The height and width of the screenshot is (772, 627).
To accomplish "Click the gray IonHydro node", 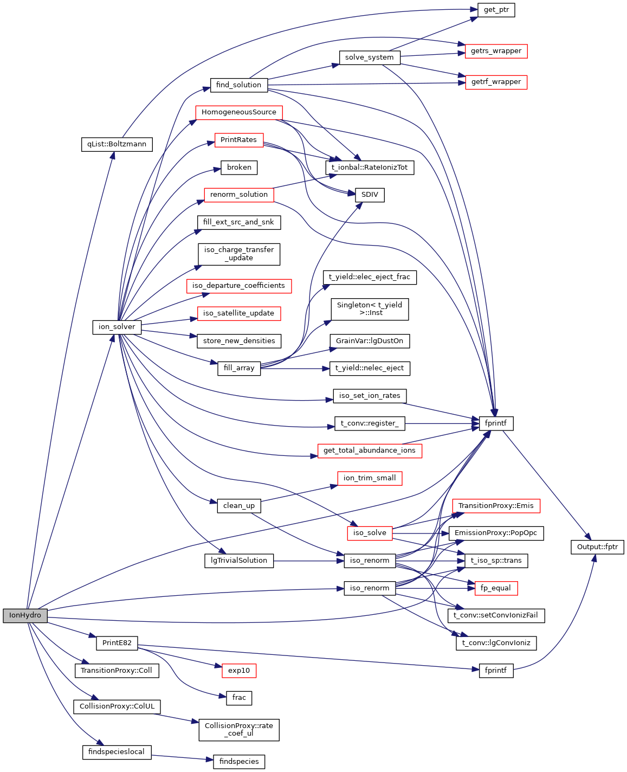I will [25, 615].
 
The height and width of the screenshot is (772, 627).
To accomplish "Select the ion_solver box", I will [117, 327].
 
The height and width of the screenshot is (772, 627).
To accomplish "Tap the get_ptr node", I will [496, 10].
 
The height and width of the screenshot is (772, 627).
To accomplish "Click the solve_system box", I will [369, 57].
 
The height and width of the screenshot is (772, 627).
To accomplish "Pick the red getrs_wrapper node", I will [496, 51].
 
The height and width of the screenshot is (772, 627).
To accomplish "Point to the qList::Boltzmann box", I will [117, 144].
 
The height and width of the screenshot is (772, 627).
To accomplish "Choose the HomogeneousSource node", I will [238, 112].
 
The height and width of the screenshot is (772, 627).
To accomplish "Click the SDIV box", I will [370, 195].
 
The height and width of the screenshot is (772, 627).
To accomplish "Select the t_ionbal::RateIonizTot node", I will [370, 168].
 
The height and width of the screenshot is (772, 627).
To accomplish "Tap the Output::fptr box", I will [597, 546].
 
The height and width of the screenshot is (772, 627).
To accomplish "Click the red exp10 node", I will [238, 671].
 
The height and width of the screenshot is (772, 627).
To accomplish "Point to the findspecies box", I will [238, 761].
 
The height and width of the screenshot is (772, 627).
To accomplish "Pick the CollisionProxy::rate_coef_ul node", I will [238, 729].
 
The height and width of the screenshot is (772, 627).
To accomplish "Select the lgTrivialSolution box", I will [238, 561].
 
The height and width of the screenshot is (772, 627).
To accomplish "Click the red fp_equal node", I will [495, 588].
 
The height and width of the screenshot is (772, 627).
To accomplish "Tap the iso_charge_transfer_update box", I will [238, 254].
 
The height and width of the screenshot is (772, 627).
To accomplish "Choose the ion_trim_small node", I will [369, 478].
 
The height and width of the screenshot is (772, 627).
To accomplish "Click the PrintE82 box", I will [117, 643].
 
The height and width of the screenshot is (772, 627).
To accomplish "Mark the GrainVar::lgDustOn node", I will [369, 341].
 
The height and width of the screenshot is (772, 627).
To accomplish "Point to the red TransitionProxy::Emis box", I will [495, 506].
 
